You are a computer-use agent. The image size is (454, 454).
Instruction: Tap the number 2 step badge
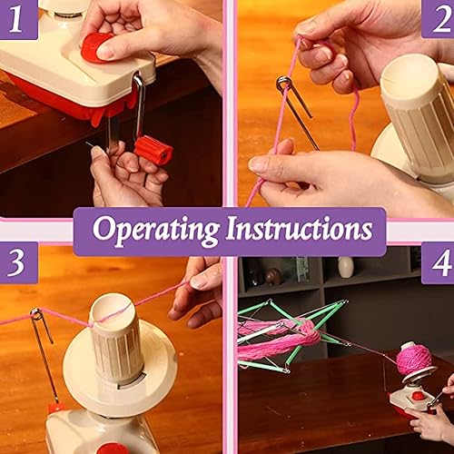coord(437,17)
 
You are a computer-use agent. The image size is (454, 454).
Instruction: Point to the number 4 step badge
coord(439,263)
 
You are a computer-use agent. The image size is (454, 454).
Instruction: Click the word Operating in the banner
coord(153,231)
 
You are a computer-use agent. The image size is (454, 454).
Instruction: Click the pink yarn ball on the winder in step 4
coord(414,360)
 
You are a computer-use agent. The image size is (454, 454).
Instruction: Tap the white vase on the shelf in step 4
coord(346,266)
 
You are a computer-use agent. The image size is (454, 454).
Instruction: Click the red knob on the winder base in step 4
coord(419,396)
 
